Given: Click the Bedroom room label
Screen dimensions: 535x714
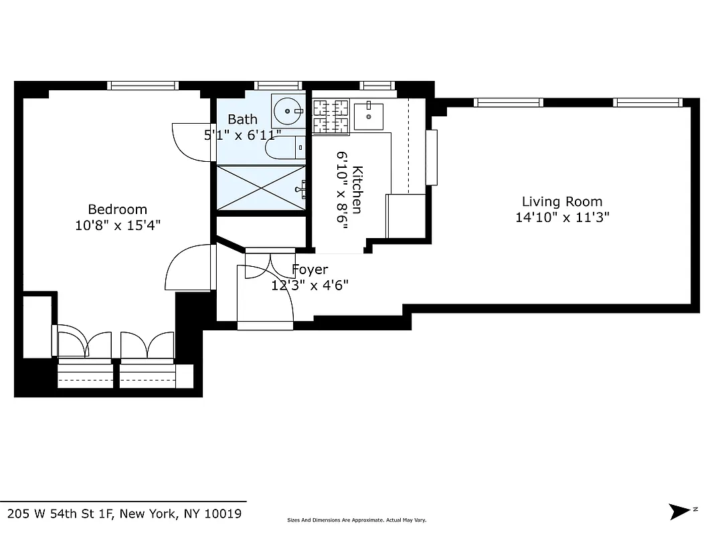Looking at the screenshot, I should (117, 209).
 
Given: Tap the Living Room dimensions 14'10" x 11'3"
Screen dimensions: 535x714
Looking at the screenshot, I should (562, 217).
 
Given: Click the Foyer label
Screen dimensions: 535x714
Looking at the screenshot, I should (310, 270).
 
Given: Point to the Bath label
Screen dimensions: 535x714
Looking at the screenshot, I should (242, 119).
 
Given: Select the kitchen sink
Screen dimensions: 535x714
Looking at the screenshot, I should (367, 116).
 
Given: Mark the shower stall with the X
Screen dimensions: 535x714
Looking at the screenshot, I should (260, 187).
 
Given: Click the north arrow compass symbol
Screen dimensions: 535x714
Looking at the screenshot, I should (681, 512).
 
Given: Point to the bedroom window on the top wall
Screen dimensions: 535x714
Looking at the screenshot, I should (143, 86).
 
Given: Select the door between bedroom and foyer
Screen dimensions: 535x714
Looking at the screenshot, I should (189, 267).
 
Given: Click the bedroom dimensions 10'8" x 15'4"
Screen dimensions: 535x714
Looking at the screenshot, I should (117, 225).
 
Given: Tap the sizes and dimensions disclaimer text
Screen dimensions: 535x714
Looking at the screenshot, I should (357, 520).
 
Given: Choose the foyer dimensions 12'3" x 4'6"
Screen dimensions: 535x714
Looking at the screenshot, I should (310, 286).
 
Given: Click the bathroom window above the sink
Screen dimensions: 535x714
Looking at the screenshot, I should (279, 86).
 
